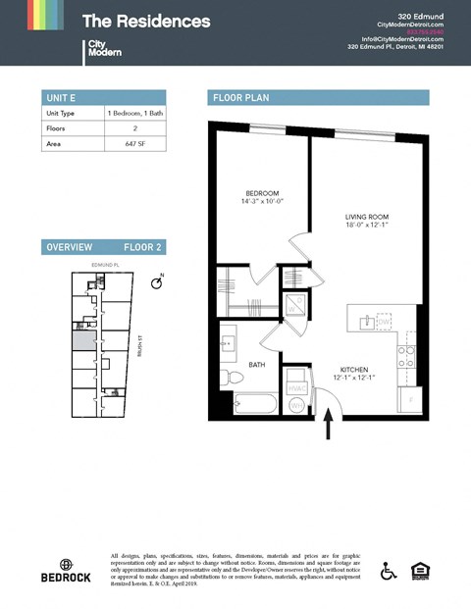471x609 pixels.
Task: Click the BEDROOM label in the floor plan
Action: pos(263,193)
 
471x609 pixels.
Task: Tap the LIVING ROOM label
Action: pos(367,217)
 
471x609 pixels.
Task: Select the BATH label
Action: pos(257,365)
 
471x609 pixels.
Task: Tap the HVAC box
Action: pos(296,386)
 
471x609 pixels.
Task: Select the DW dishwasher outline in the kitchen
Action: pos(385,321)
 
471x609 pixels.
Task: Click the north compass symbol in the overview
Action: pos(155,283)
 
